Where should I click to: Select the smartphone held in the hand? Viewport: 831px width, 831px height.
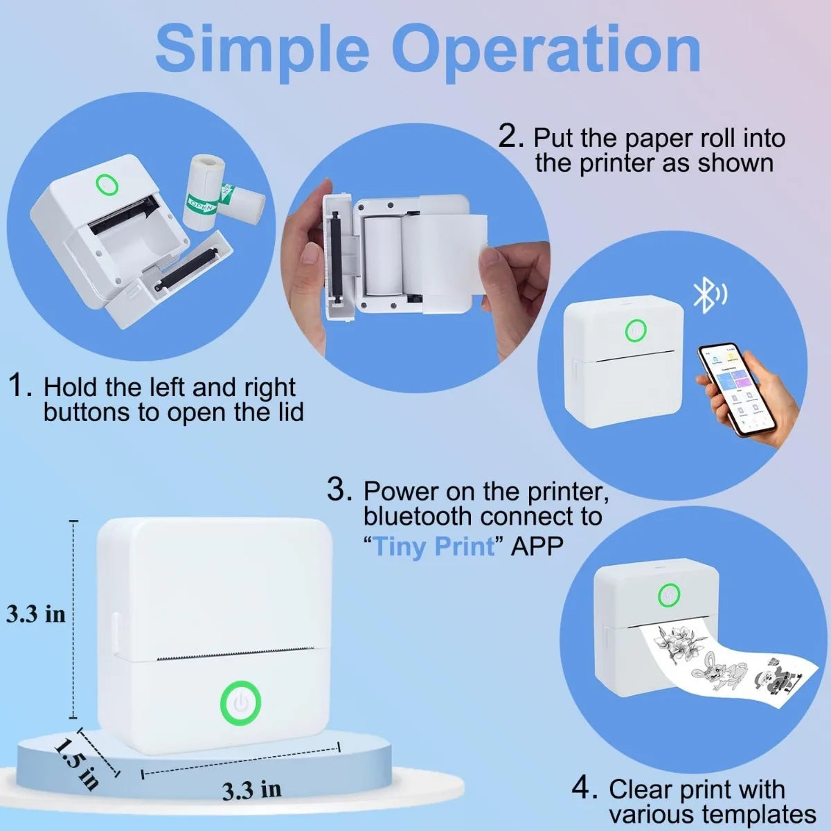[x=735, y=389]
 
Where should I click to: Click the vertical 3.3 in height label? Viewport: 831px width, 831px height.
[x=36, y=614]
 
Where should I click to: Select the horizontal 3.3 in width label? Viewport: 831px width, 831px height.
[x=252, y=789]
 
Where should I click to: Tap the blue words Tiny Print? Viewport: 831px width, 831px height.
[x=434, y=546]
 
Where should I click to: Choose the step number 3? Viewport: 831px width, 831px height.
[x=339, y=490]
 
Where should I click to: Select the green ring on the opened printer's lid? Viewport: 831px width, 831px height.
[x=107, y=186]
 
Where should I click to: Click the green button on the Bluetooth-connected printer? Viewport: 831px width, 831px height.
[x=635, y=331]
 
